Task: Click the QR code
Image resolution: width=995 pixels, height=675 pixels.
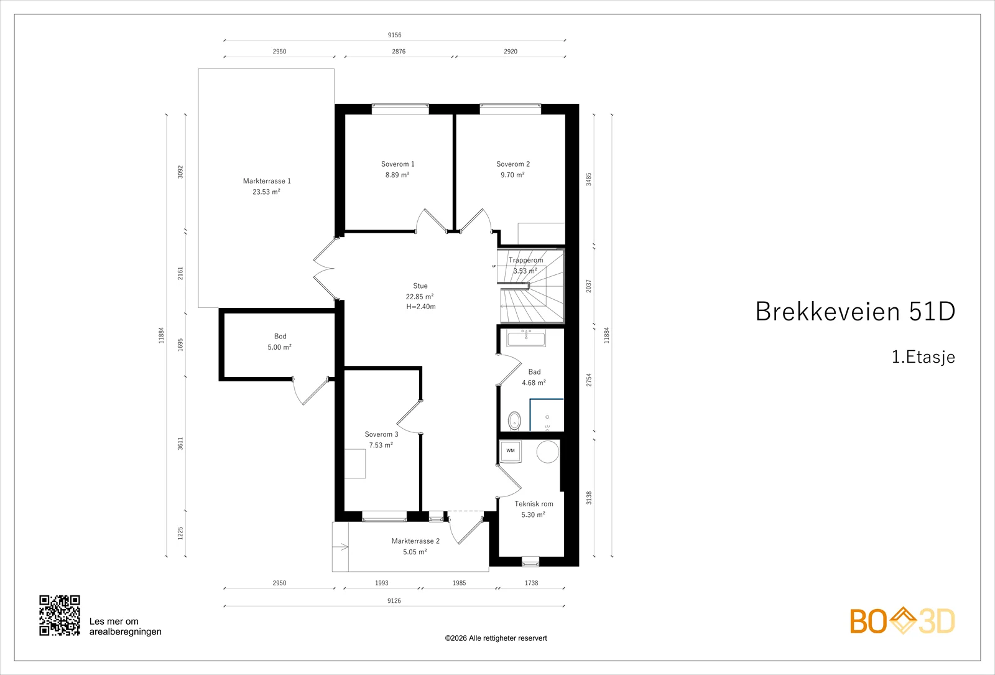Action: pyautogui.click(x=60, y=615)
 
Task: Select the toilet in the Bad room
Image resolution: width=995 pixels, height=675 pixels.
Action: pyautogui.click(x=514, y=421)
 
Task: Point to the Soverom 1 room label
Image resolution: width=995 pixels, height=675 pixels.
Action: pyautogui.click(x=397, y=164)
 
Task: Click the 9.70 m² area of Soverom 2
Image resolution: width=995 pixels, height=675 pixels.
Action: pyautogui.click(x=512, y=175)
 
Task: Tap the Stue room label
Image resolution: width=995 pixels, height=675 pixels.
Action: pyautogui.click(x=420, y=286)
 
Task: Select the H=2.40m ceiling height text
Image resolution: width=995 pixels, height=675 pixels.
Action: pyautogui.click(x=420, y=307)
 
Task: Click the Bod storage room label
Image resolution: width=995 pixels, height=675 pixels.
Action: pyautogui.click(x=280, y=337)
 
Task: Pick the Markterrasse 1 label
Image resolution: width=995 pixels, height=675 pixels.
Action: pyautogui.click(x=267, y=181)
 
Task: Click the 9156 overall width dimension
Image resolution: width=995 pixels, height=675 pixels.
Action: pyautogui.click(x=394, y=35)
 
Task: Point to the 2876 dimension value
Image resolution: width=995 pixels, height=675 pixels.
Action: pyautogui.click(x=399, y=52)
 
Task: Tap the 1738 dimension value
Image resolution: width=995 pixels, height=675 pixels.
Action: pyautogui.click(x=531, y=583)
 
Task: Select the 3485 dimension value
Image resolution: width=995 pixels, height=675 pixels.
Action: pyautogui.click(x=589, y=179)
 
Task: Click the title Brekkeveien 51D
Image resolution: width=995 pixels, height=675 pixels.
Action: pyautogui.click(x=855, y=311)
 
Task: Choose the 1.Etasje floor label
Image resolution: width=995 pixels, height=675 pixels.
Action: pyautogui.click(x=923, y=357)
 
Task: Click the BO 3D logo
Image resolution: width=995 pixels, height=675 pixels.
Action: pyautogui.click(x=902, y=621)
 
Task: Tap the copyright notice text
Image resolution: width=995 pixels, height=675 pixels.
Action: pyautogui.click(x=496, y=638)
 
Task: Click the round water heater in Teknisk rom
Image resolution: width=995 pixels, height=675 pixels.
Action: pyautogui.click(x=548, y=452)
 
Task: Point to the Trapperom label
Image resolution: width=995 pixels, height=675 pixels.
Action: pyautogui.click(x=526, y=260)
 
